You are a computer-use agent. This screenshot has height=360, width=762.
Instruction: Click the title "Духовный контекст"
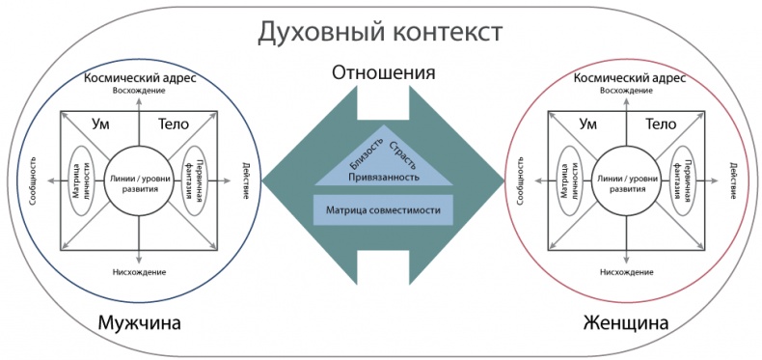pyautogui.click(x=380, y=32)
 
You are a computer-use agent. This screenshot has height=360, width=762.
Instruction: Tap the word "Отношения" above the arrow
pyautogui.click(x=383, y=73)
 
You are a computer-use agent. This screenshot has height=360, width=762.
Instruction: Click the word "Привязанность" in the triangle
pyautogui.click(x=383, y=178)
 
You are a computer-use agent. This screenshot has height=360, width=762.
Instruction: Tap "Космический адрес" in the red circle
pyautogui.click(x=626, y=78)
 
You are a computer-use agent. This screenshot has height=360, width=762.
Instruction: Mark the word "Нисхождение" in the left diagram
pyautogui.click(x=140, y=273)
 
